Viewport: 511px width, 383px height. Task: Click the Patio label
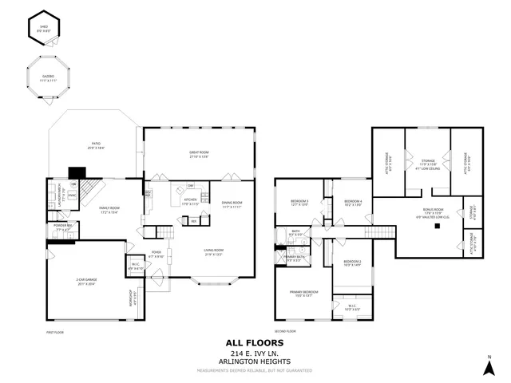(x=95, y=145)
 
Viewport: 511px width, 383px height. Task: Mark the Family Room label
(x=109, y=211)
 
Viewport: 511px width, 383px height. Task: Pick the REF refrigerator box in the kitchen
(x=193, y=221)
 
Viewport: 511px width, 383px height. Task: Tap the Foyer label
(x=156, y=255)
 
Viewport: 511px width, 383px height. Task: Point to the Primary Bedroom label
(x=303, y=294)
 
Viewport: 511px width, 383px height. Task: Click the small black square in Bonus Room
(x=438, y=227)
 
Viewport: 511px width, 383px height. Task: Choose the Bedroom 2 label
(x=352, y=263)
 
